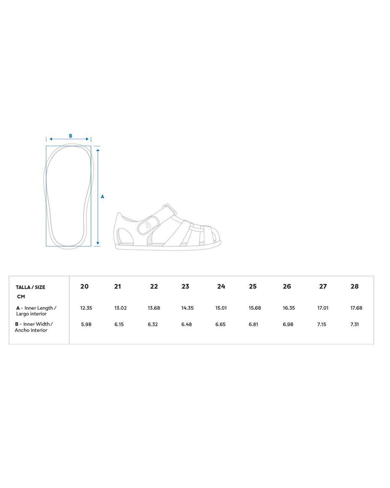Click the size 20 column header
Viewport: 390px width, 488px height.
click(x=84, y=286)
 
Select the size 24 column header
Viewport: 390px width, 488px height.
click(x=221, y=286)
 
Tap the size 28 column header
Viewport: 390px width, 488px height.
click(x=355, y=286)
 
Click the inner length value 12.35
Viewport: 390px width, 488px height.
click(x=86, y=308)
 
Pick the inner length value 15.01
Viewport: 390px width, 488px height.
click(x=221, y=308)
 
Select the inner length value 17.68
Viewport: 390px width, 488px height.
click(x=356, y=308)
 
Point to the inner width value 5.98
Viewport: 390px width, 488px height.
click(x=86, y=324)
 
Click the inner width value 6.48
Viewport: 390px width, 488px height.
click(x=187, y=324)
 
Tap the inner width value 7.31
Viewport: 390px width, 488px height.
click(x=355, y=324)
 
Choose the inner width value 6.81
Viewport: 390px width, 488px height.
click(x=253, y=324)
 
